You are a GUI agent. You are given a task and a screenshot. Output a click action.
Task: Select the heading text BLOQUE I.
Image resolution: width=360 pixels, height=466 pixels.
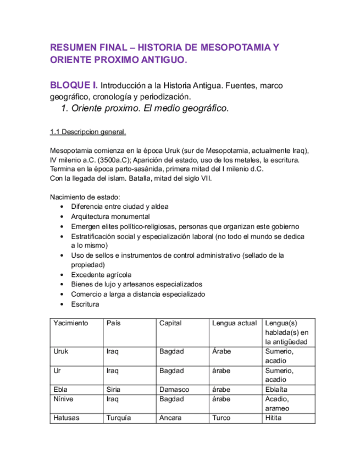[74, 85]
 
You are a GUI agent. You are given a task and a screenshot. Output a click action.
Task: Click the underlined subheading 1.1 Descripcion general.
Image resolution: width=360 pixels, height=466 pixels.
[88, 132]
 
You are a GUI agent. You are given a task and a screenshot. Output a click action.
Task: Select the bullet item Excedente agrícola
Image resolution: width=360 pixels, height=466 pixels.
[101, 274]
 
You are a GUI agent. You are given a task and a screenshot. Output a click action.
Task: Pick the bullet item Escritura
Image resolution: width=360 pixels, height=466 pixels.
[85, 304]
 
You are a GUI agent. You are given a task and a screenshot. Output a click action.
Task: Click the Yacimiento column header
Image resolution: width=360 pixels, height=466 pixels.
[70, 323]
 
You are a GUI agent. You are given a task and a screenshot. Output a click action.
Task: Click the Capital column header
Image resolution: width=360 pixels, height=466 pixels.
[170, 323]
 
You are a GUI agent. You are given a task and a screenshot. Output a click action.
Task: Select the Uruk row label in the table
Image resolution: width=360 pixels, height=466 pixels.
[61, 351]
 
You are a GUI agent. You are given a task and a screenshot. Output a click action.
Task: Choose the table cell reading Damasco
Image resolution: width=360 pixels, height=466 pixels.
[174, 389]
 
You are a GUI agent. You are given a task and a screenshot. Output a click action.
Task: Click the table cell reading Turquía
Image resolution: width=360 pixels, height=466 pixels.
[119, 418]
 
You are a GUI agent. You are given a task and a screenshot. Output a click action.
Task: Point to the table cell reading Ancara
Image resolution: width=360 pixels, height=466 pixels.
[171, 418]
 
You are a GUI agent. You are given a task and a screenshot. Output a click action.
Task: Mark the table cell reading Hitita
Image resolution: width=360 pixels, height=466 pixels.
[273, 418]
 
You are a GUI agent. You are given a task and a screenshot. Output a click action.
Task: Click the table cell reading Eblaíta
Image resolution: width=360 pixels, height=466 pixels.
[276, 389]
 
